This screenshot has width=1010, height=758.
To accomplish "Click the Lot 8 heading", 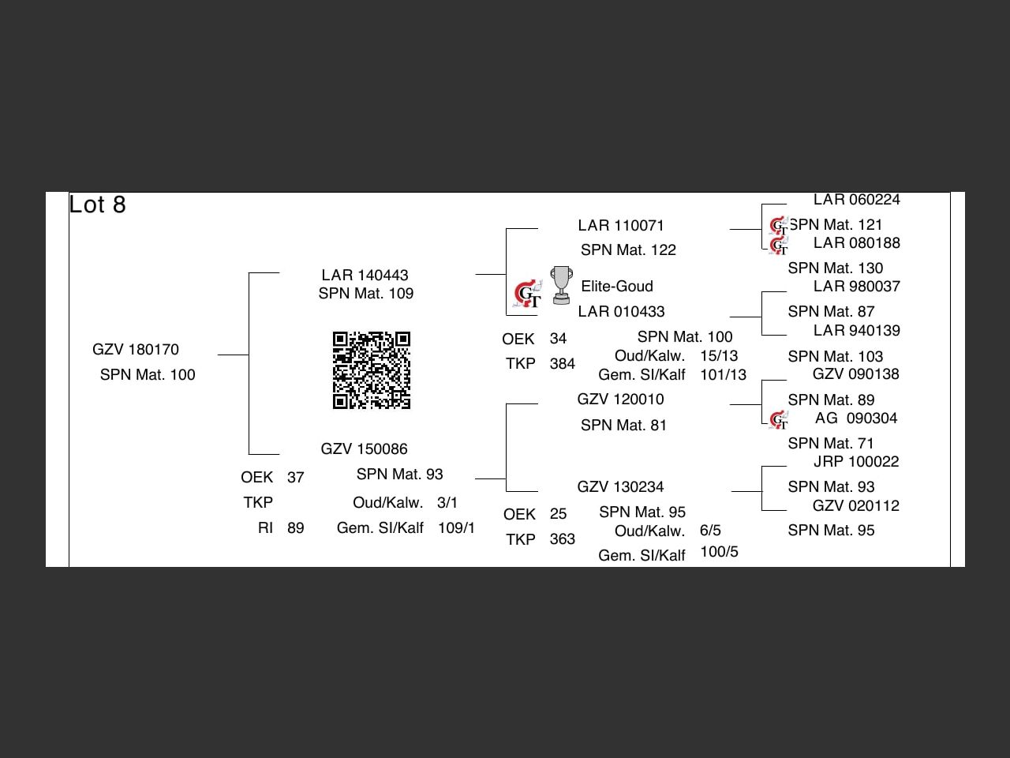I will click(97, 205).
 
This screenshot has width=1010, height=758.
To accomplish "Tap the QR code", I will click(371, 370).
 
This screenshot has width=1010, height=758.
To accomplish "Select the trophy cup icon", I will click(561, 285).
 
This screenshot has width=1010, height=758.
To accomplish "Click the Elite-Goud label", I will click(617, 287).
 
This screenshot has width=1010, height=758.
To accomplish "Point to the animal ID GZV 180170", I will click(136, 350).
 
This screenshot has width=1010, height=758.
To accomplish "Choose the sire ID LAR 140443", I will click(365, 276).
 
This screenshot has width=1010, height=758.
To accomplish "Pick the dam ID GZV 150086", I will click(364, 449).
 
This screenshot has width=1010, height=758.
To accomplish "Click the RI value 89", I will click(295, 528).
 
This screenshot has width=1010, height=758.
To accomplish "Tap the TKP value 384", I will click(562, 364).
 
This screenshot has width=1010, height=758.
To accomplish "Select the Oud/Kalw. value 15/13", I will click(719, 356).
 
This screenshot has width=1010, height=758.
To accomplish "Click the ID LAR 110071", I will click(621, 226).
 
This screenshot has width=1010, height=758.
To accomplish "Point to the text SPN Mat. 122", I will click(628, 250).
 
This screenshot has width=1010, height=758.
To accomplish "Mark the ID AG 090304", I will click(856, 418).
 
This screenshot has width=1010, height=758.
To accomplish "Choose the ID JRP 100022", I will click(856, 462).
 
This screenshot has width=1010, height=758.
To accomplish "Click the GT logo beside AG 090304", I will click(779, 420).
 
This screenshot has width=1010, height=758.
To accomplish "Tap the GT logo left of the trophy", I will click(528, 295).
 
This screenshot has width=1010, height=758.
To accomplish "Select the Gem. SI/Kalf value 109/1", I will click(456, 528).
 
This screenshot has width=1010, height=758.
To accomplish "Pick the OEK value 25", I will click(558, 514).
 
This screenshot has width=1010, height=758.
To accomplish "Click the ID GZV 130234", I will click(620, 487).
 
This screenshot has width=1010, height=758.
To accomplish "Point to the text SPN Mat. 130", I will click(835, 268).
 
